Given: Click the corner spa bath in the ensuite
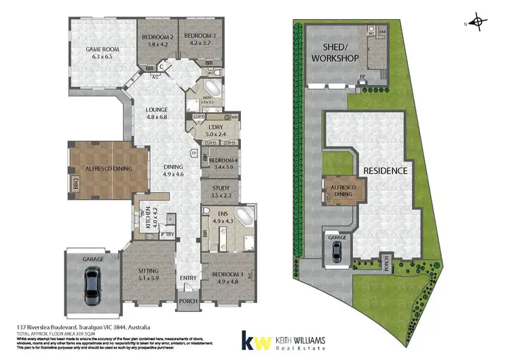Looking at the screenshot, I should [x=242, y=218].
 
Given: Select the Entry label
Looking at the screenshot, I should [x=187, y=277].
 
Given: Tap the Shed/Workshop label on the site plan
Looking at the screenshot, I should [x=334, y=53].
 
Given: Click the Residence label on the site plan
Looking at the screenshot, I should [x=385, y=170].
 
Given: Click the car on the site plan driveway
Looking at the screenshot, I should [x=337, y=252].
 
